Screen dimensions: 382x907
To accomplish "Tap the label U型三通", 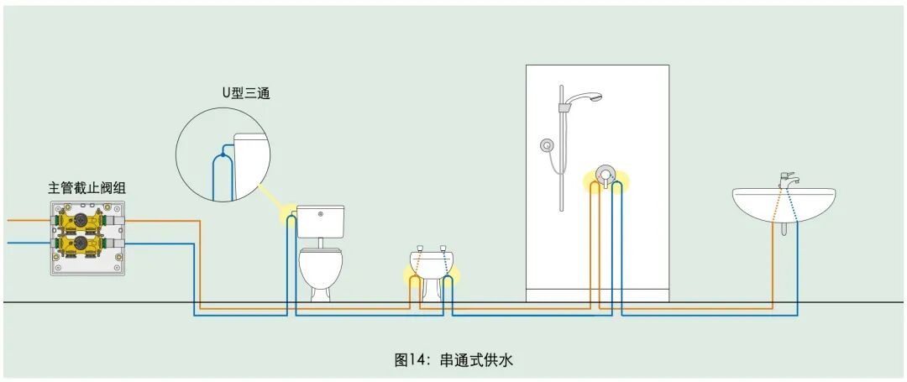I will pyautogui.click(x=246, y=93).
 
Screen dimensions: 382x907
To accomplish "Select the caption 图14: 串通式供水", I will pyautogui.click(x=453, y=360).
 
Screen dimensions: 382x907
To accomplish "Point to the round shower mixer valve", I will pyautogui.click(x=605, y=175).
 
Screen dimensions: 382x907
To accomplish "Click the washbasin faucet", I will pyautogui.click(x=788, y=180).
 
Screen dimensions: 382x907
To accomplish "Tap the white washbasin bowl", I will pyautogui.click(x=784, y=204).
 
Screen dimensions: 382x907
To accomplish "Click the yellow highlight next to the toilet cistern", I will pyautogui.click(x=289, y=217).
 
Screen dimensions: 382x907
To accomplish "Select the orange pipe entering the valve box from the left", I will pyautogui.click(x=25, y=220).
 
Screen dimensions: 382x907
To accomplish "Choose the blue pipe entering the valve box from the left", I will pyautogui.click(x=25, y=243).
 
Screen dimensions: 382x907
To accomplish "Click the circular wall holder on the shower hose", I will pyautogui.click(x=547, y=144).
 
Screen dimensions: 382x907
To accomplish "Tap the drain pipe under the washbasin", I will pyautogui.click(x=783, y=228).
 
